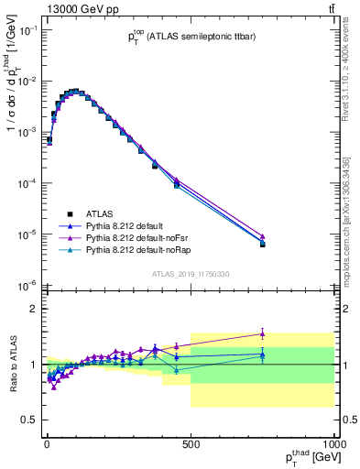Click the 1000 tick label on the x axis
pyautogui.click(x=334, y=439)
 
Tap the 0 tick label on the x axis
pyautogui.click(x=47, y=439)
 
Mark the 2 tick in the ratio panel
pyautogui.click(x=35, y=309)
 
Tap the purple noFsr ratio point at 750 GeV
pyautogui.click(x=262, y=333)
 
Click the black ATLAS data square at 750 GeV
pyautogui.click(x=262, y=245)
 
